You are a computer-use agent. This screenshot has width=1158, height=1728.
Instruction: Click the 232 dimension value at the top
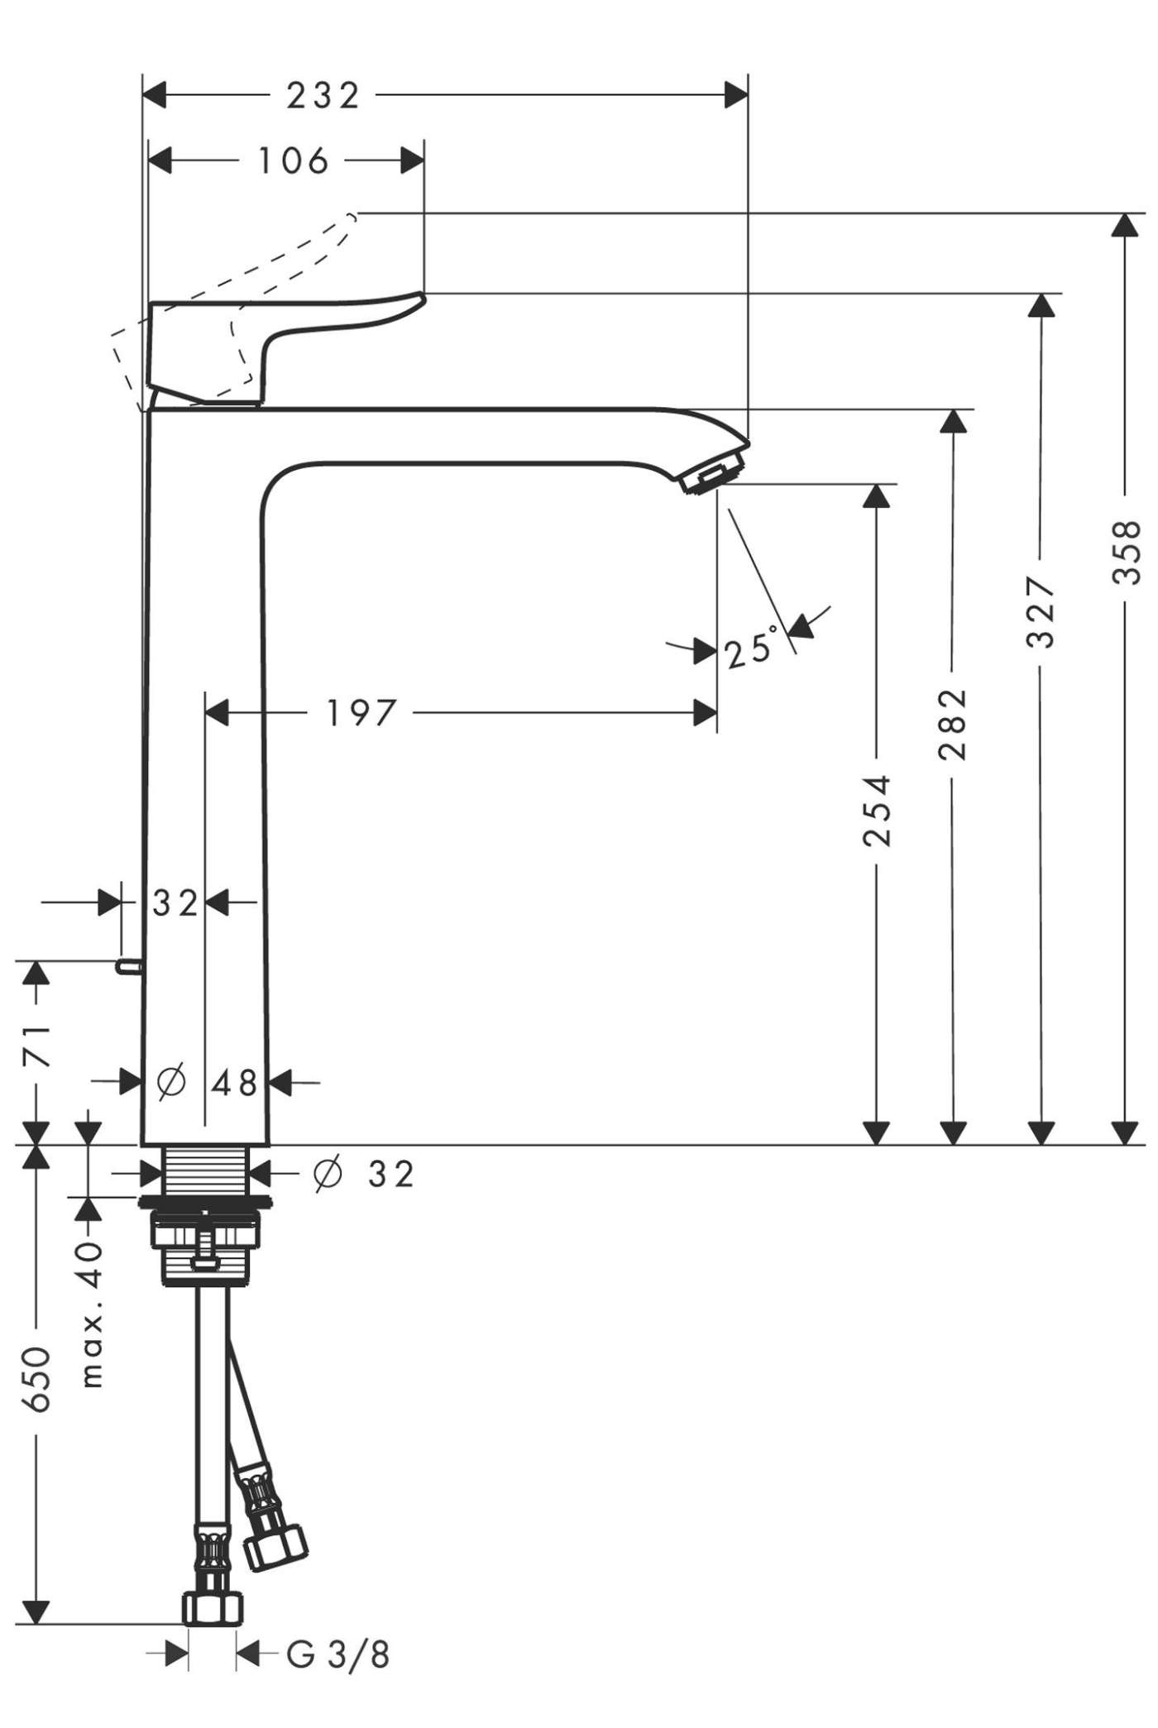[x=323, y=96]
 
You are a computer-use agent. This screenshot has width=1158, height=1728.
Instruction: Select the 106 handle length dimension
[x=294, y=161]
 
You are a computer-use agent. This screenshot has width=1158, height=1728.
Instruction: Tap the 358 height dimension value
[x=1127, y=552]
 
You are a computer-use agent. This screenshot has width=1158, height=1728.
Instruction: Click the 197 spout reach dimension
[x=361, y=712]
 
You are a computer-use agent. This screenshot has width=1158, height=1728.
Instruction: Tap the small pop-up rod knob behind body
[x=128, y=965]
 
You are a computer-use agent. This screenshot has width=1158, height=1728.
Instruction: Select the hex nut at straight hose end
[x=213, y=1609]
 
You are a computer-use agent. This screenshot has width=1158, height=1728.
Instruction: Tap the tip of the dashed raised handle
[x=354, y=216]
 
